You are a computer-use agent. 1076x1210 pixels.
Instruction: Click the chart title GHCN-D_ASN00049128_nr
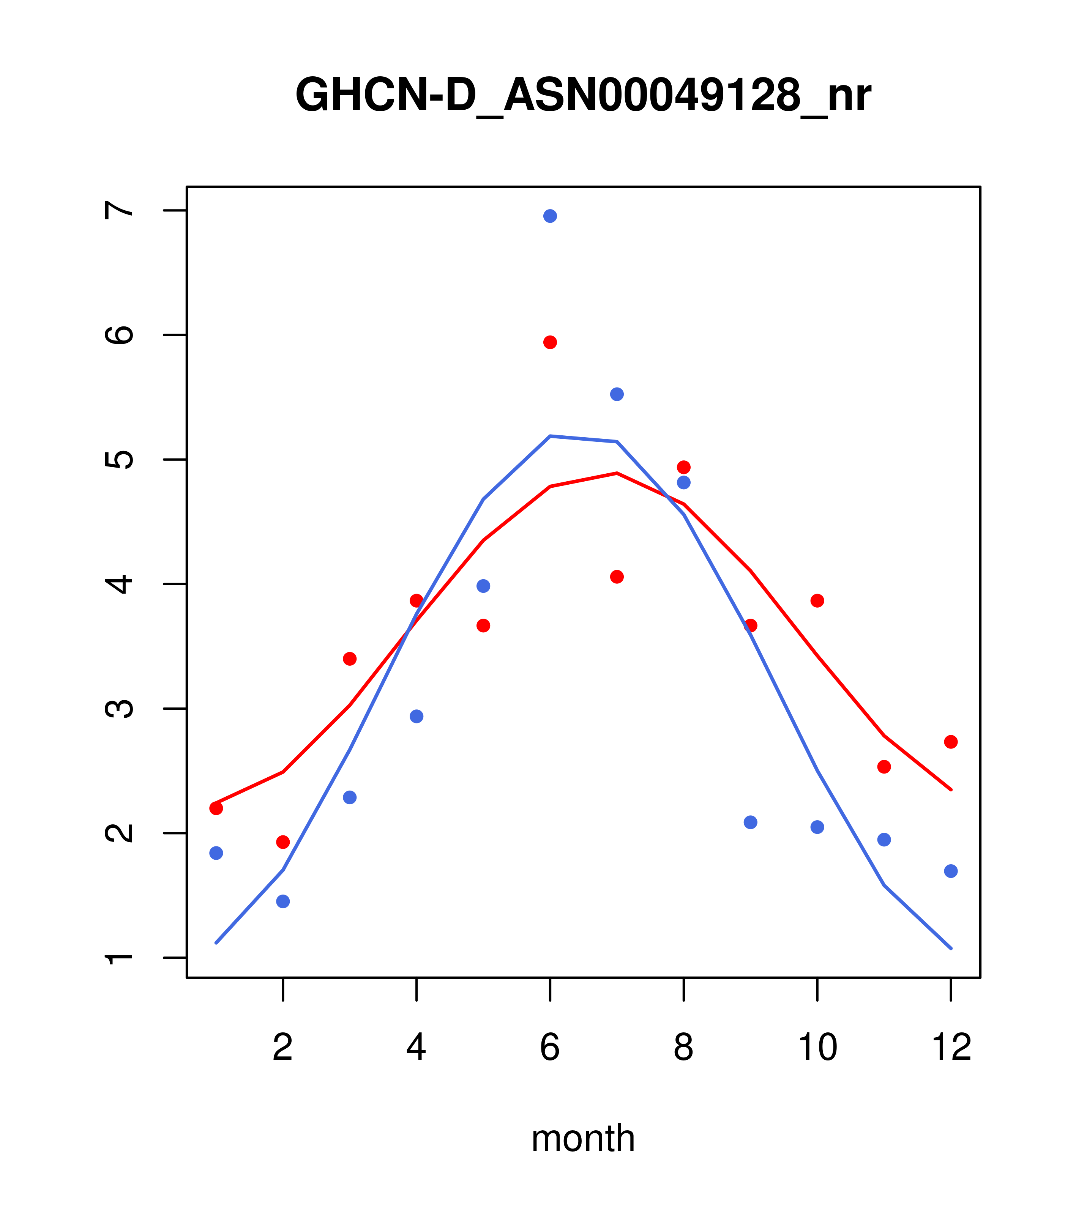[x=583, y=96]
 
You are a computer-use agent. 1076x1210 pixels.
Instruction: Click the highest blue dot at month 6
[x=550, y=216]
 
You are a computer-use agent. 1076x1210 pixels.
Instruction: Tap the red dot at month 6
[x=550, y=342]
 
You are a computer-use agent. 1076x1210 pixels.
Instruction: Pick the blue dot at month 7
[x=617, y=394]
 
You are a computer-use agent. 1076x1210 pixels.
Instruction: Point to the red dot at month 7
[x=617, y=577]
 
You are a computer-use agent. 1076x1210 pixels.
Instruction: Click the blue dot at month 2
[x=283, y=901]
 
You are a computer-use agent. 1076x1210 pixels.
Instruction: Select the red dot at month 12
[x=951, y=742]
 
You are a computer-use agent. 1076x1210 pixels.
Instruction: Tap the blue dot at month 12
[x=951, y=871]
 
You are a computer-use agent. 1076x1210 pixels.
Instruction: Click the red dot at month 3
[x=350, y=659]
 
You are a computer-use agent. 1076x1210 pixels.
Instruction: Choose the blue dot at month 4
[x=417, y=716]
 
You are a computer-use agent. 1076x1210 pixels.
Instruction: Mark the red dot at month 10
[x=817, y=601]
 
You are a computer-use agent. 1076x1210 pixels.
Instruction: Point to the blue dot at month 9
[x=750, y=822]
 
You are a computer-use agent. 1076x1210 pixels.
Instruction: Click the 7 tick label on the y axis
[x=119, y=210]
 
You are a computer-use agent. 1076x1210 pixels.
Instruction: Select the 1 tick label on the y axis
[x=119, y=958]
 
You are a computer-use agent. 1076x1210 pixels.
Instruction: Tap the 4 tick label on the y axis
[x=119, y=584]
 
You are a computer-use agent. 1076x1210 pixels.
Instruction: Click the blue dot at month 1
[x=216, y=853]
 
